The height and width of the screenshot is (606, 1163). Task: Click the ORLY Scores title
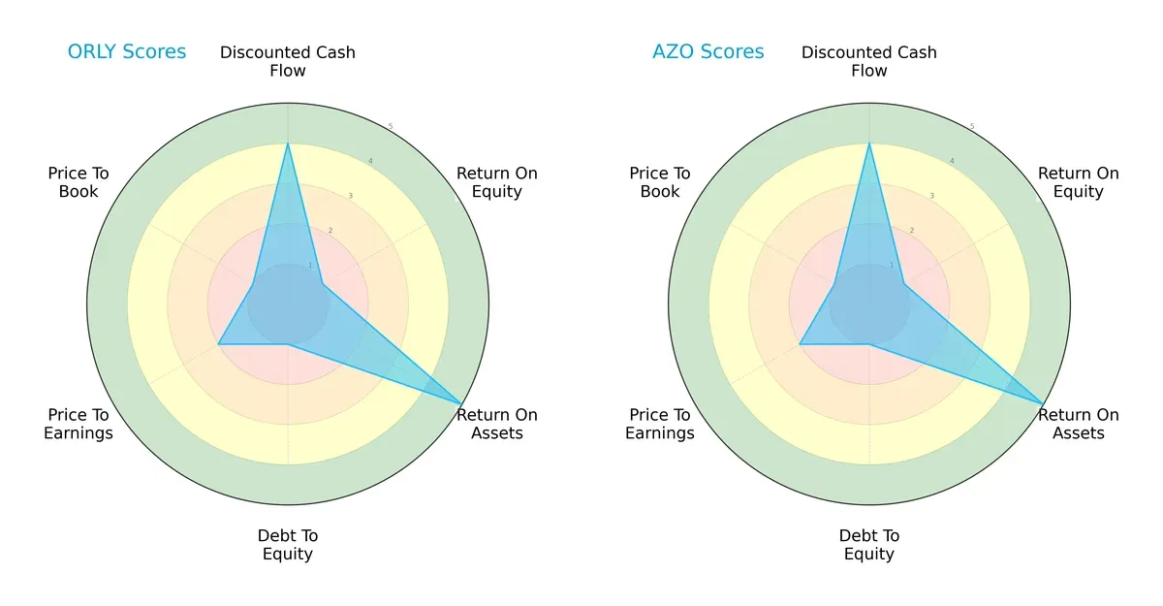(126, 51)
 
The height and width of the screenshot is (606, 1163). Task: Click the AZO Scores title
(707, 51)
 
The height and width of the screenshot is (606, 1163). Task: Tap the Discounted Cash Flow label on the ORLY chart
(288, 61)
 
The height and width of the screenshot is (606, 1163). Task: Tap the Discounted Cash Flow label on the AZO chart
(869, 61)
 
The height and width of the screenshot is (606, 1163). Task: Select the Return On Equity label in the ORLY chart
(497, 182)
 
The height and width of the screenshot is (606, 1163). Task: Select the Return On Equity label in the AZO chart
(1079, 182)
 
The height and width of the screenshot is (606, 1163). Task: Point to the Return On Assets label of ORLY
(497, 424)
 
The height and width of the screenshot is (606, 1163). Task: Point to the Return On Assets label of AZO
(1079, 424)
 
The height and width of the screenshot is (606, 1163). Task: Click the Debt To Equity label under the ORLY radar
(288, 545)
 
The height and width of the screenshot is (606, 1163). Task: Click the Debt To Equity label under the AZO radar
(869, 545)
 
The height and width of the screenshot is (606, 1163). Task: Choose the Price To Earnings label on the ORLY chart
(79, 424)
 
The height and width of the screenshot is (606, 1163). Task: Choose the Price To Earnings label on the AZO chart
(660, 424)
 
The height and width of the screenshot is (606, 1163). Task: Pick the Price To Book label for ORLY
(79, 182)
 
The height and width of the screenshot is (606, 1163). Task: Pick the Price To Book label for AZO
(660, 182)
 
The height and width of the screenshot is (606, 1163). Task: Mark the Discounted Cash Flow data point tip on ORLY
(288, 144)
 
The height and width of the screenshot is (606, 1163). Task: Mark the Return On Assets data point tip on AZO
(1043, 403)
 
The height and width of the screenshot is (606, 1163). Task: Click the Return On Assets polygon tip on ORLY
(461, 403)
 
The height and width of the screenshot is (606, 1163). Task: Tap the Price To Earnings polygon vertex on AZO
(800, 344)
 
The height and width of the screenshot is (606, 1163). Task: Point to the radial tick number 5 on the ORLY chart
(390, 127)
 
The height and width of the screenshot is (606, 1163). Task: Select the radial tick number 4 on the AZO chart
(951, 161)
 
